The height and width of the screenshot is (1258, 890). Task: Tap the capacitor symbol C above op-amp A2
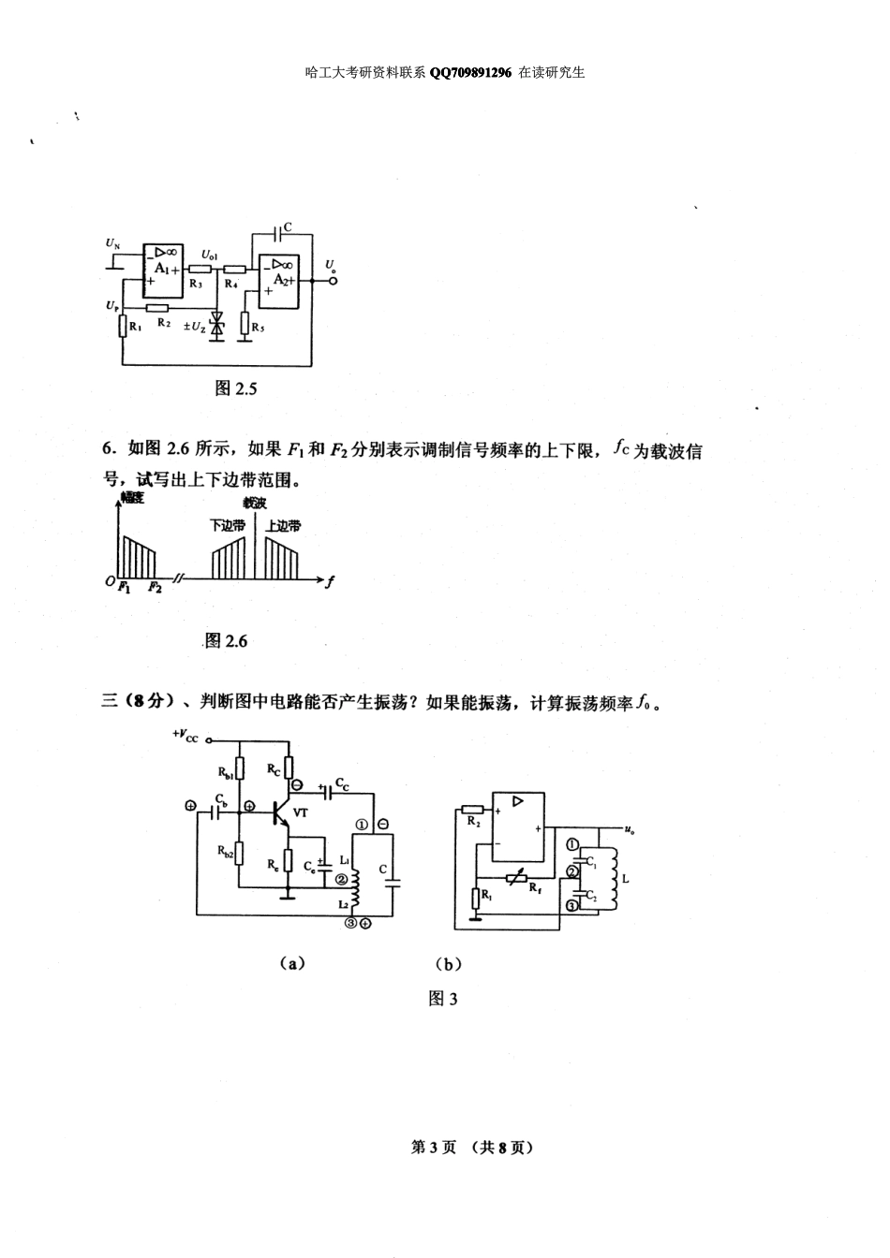(276, 227)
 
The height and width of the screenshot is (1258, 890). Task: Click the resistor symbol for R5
(245, 325)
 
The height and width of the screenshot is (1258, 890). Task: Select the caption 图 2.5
(236, 388)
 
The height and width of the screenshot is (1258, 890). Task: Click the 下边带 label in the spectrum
(228, 526)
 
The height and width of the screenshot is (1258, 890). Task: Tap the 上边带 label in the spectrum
(283, 526)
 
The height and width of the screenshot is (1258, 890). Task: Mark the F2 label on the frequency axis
(155, 588)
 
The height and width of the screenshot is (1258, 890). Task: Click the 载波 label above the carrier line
(254, 503)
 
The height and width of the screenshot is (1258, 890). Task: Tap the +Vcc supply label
(185, 736)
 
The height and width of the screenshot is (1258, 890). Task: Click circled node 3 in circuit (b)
(571, 905)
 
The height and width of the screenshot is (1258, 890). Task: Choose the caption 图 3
(442, 999)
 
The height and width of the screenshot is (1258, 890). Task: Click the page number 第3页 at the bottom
(434, 1148)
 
